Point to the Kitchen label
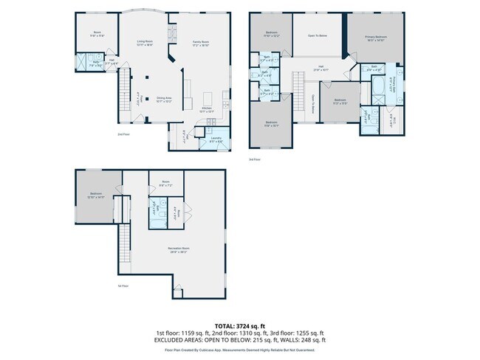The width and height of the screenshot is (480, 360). coord(208,108)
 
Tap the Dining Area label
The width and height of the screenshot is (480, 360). coord(164,99)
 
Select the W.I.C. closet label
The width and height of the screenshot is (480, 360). coord(395,121)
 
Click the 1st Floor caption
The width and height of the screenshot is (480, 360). coord(123,285)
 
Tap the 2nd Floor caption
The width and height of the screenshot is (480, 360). coord(123,135)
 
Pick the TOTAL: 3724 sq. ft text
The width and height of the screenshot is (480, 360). coord(239,325)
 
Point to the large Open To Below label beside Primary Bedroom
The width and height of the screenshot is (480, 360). coord(318,35)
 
